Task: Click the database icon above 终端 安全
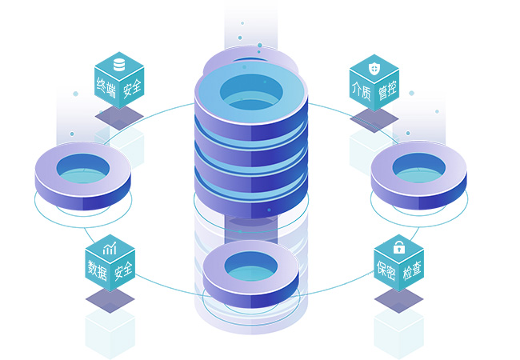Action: pyautogui.click(x=119, y=64)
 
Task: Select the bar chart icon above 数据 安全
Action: pyautogui.click(x=110, y=248)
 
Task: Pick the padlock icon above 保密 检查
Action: pyautogui.click(x=398, y=247)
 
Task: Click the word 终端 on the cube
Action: pyautogui.click(x=106, y=86)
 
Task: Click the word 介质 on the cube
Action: pyautogui.click(x=361, y=90)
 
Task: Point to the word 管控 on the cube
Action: pyautogui.click(x=388, y=90)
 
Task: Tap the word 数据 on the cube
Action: pyautogui.click(x=98, y=270)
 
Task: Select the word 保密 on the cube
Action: pyautogui.click(x=386, y=270)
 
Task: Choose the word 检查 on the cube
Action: pyautogui.click(x=412, y=271)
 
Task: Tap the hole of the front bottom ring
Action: pyautogui.click(x=250, y=266)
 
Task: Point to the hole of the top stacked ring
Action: pyautogui.click(x=250, y=90)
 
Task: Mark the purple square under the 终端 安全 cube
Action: pyautogui.click(x=119, y=116)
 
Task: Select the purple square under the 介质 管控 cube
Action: pyautogui.click(x=374, y=118)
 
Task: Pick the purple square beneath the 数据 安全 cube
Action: pyautogui.click(x=110, y=299)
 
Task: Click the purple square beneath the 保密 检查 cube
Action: pyautogui.click(x=398, y=299)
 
